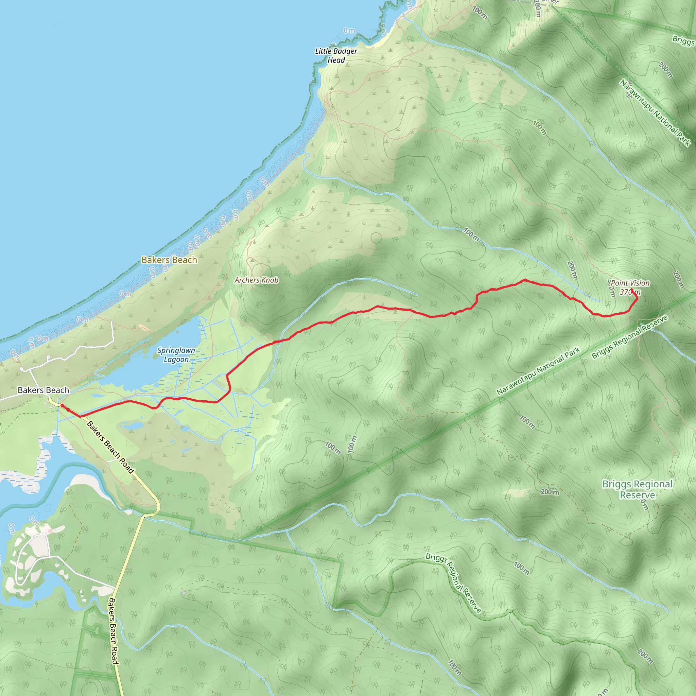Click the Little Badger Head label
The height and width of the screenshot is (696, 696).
[336, 56]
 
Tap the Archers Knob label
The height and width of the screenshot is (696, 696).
[257, 280]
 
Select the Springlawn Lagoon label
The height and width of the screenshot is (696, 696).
[176, 355]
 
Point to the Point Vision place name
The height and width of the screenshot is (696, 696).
[630, 283]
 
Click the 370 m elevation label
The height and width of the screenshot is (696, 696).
[630, 292]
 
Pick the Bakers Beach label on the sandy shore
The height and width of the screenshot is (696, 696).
[169, 260]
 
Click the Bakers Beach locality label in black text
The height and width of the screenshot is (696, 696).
[43, 390]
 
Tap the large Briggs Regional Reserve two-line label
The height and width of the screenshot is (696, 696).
[637, 489]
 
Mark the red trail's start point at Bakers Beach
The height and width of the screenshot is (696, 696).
[62, 406]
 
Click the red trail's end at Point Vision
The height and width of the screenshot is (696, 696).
[631, 289]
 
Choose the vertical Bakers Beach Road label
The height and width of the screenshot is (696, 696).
[113, 631]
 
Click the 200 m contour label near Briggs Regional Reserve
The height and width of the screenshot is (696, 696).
[550, 492]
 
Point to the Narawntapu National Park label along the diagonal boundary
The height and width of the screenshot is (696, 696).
[538, 371]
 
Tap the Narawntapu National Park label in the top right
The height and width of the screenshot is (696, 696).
[655, 113]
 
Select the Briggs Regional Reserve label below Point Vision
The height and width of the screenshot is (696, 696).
[630, 336]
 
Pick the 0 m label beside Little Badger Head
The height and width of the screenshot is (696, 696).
[349, 31]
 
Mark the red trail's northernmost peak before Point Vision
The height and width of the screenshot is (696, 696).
[525, 280]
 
